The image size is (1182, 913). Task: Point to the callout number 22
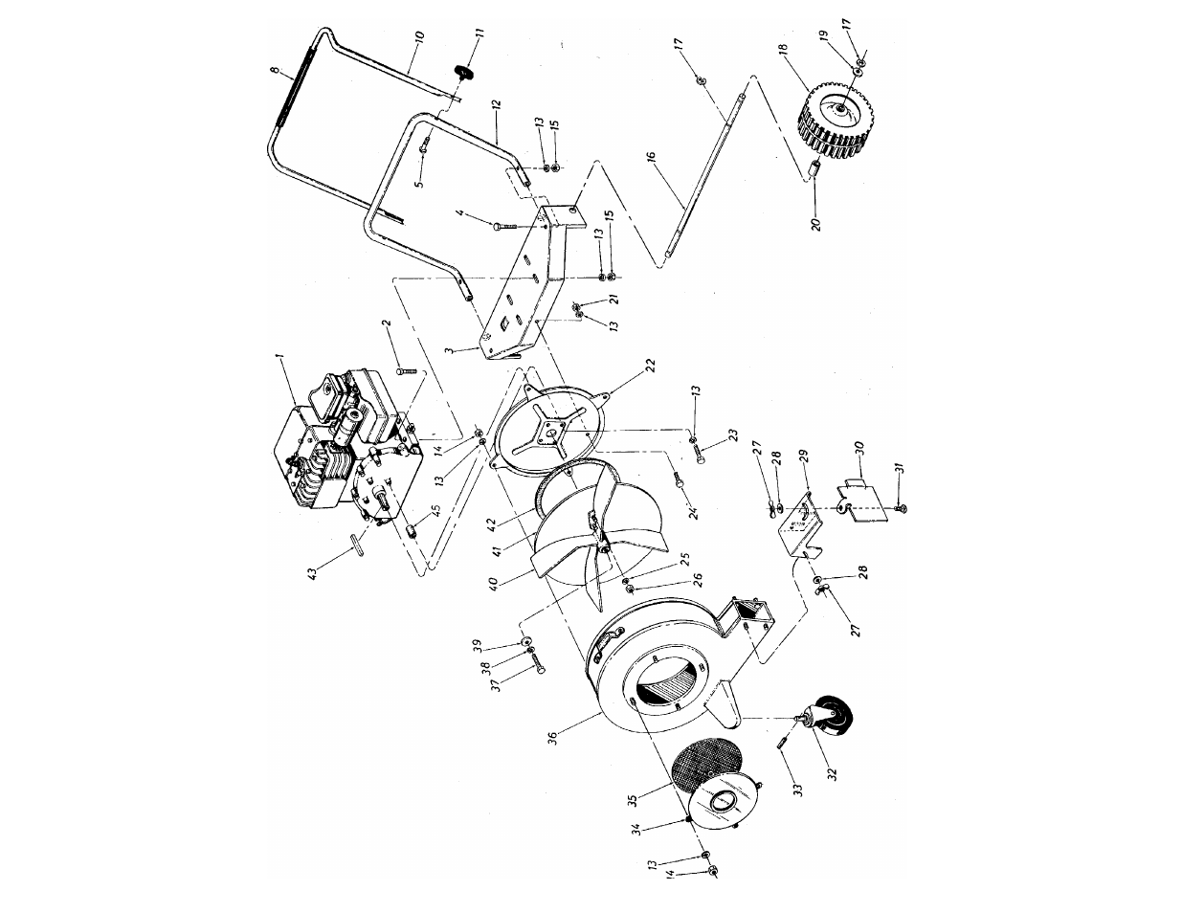(x=650, y=366)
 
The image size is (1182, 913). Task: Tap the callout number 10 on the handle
(x=418, y=41)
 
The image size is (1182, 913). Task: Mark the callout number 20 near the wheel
(x=816, y=231)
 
